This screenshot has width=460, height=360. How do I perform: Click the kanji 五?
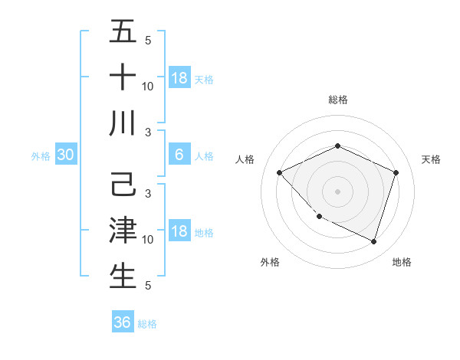point(123,32)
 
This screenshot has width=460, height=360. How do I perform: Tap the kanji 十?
point(123,77)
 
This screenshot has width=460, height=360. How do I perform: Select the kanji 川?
point(123,123)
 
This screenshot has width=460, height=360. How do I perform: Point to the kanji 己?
point(123,186)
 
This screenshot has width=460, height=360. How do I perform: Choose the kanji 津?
point(123,231)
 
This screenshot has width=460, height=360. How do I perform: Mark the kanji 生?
point(123,277)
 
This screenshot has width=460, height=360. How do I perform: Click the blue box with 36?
point(123,322)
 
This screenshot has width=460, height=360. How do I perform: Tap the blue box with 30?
point(66,155)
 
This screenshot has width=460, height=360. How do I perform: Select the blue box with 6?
point(179,155)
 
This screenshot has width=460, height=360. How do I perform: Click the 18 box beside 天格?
point(179,77)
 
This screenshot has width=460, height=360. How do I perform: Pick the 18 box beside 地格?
point(179,232)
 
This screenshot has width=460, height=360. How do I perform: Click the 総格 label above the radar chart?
point(337,100)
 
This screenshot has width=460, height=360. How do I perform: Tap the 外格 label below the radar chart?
point(270,262)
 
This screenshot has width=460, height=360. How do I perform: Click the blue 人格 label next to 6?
point(204,156)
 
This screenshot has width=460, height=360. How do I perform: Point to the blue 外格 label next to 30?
point(41,156)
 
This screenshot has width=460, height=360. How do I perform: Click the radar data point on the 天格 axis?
point(396,172)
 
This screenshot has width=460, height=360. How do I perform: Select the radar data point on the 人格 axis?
point(280,172)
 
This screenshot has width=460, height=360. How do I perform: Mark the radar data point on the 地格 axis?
point(374,241)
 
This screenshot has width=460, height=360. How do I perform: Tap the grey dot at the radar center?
point(337,191)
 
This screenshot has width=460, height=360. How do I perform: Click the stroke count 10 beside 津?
point(148,240)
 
